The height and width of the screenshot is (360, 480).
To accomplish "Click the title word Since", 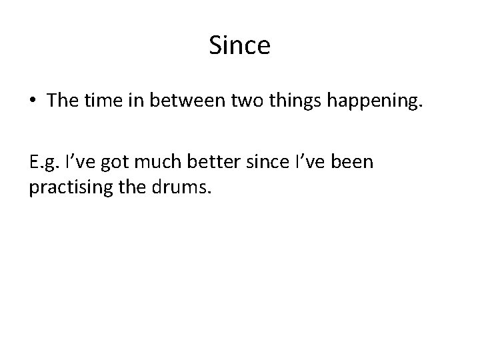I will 239,46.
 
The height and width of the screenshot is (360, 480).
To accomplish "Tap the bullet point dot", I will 33,101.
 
